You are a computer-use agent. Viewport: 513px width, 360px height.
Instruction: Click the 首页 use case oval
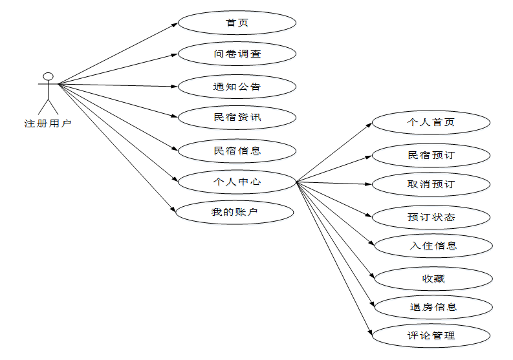pyautogui.click(x=237, y=23)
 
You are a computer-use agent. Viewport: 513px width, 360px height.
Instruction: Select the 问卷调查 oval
pyautogui.click(x=237, y=54)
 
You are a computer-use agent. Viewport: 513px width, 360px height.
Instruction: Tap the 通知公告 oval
pyautogui.click(x=237, y=86)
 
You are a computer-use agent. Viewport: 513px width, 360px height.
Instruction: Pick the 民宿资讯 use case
pyautogui.click(x=237, y=118)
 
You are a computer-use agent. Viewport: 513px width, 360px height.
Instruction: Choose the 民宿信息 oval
pyautogui.click(x=237, y=151)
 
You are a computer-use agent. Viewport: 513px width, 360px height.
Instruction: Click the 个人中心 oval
pyautogui.click(x=237, y=182)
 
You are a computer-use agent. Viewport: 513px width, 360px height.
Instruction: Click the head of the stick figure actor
pyautogui.click(x=48, y=74)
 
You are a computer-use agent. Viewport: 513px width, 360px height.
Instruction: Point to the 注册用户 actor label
pyautogui.click(x=48, y=123)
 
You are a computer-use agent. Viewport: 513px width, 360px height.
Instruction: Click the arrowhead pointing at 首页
pyautogui.click(x=175, y=25)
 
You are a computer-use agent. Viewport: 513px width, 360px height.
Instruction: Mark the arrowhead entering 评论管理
pyautogui.click(x=370, y=332)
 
